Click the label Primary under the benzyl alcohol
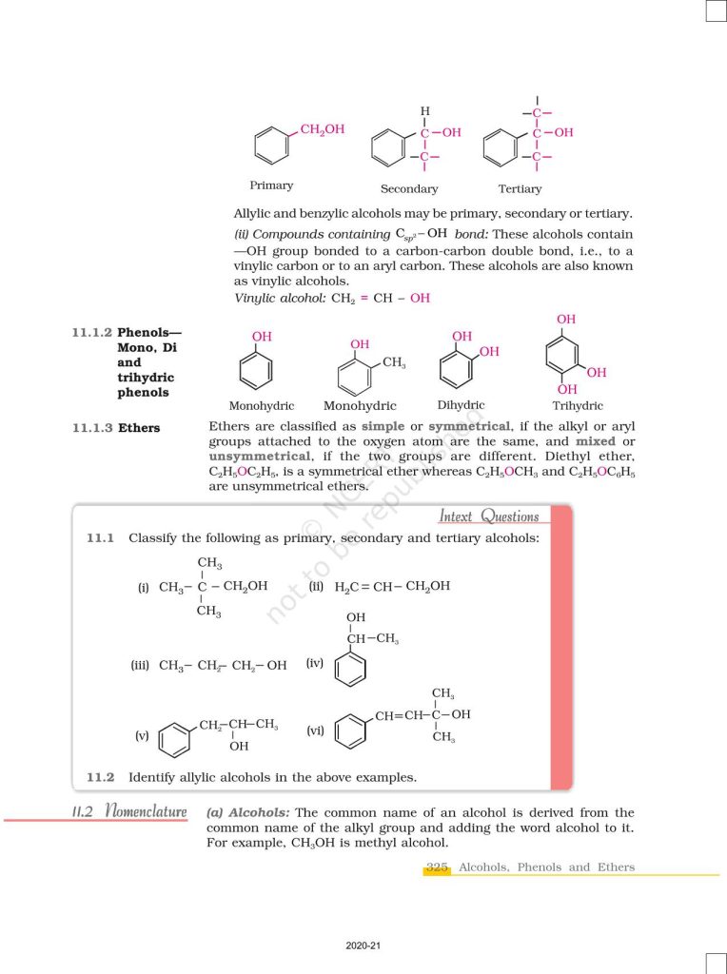pyautogui.click(x=271, y=185)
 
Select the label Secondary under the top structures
pyautogui.click(x=409, y=189)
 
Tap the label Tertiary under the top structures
pyautogui.click(x=520, y=189)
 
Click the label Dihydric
pyautogui.click(x=462, y=404)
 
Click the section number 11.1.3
pyautogui.click(x=90, y=428)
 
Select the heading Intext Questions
pyautogui.click(x=489, y=516)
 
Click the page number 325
pyautogui.click(x=437, y=867)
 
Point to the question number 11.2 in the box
pyautogui.click(x=100, y=777)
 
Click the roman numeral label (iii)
pyautogui.click(x=142, y=666)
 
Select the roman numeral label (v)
pyautogui.click(x=142, y=735)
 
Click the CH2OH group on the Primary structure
pyautogui.click(x=323, y=130)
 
